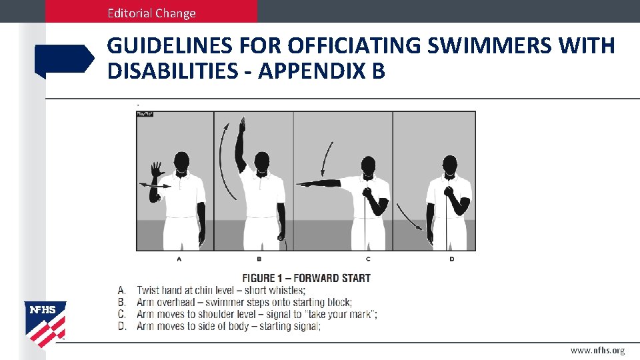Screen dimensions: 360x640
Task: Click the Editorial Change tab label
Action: (153, 13)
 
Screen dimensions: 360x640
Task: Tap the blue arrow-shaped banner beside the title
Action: (65, 59)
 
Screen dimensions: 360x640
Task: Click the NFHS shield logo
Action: (45, 324)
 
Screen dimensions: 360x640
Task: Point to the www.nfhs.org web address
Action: (597, 350)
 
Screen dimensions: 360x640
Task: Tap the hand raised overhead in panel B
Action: (243, 128)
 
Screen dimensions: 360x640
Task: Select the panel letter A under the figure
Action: (179, 258)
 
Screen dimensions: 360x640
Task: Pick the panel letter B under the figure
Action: (259, 258)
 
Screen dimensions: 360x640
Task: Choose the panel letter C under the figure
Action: (368, 258)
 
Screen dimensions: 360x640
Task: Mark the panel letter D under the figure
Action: (452, 258)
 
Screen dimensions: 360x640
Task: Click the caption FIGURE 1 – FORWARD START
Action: (306, 278)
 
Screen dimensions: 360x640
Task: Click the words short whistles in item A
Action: (276, 290)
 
